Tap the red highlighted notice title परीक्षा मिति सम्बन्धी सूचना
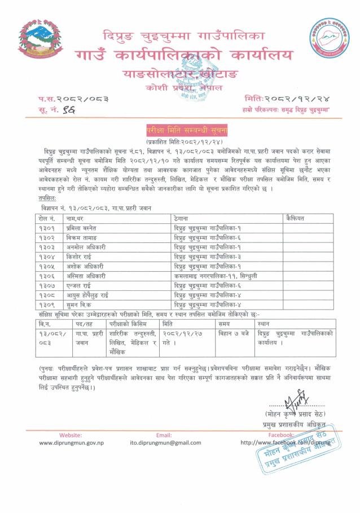(179, 129)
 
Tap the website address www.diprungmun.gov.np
(71, 443)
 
